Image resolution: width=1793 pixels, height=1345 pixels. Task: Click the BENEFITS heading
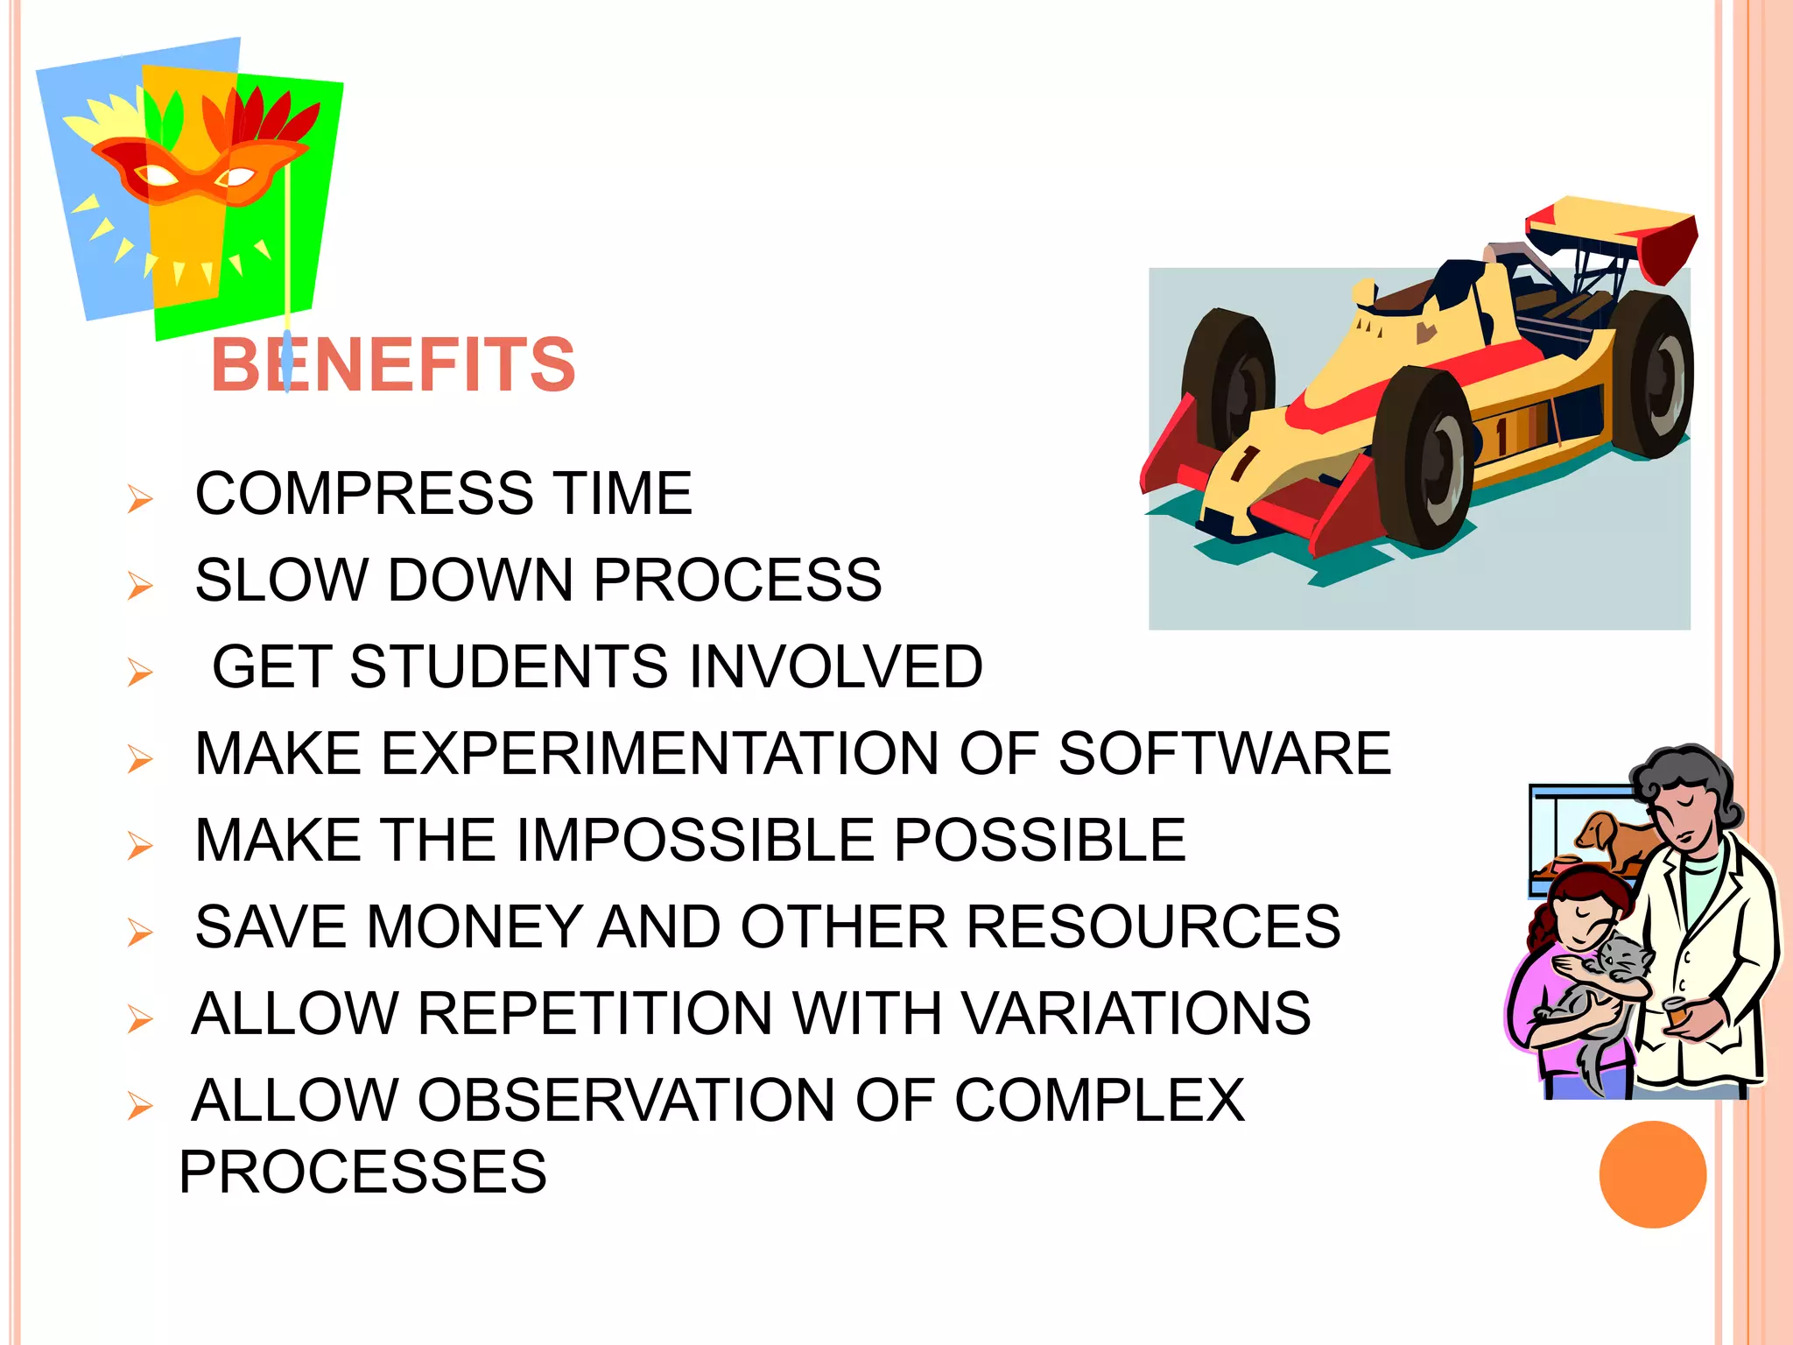(393, 364)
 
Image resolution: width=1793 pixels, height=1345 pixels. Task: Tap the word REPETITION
(595, 1013)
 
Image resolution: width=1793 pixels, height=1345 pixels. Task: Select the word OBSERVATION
(627, 1100)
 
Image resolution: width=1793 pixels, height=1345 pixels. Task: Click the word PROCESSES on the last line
(362, 1172)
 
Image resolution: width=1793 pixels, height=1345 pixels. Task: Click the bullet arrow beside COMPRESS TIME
(139, 498)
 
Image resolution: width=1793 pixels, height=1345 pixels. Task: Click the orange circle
(1652, 1174)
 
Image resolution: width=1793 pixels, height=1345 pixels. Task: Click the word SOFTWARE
(1224, 753)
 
